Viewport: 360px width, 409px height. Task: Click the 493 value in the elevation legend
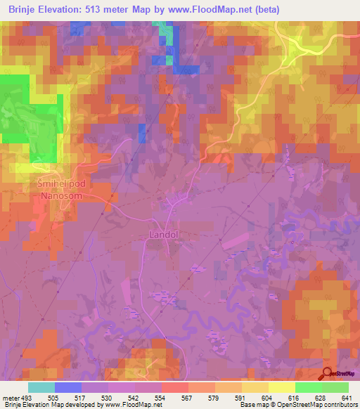pyautogui.click(x=25, y=397)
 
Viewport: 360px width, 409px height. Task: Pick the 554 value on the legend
pyautogui.click(x=161, y=397)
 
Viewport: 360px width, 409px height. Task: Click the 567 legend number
pyautogui.click(x=188, y=397)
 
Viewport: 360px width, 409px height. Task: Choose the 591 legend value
pyautogui.click(x=241, y=397)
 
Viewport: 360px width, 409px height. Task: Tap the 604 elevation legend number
pyautogui.click(x=268, y=397)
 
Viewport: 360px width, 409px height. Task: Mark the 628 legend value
pyautogui.click(x=321, y=397)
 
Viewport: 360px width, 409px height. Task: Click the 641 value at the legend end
pyautogui.click(x=347, y=397)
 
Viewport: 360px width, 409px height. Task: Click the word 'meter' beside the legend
pyautogui.click(x=10, y=397)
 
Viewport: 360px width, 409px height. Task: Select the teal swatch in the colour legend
pyautogui.click(x=41, y=387)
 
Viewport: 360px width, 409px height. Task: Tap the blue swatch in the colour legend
pyautogui.click(x=68, y=387)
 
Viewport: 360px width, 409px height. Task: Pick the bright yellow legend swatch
pyautogui.click(x=281, y=387)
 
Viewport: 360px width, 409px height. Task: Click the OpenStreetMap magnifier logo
pyautogui.click(x=326, y=374)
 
